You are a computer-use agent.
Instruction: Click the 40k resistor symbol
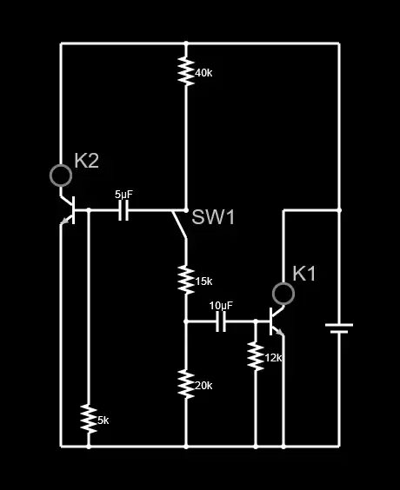[x=185, y=71]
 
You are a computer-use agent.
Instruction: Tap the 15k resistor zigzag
[x=185, y=280]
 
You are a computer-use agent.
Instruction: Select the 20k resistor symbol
[x=185, y=383]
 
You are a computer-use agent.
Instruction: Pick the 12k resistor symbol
[x=255, y=355]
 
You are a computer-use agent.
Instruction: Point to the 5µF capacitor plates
[x=123, y=210]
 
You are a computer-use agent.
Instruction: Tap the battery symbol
[x=338, y=328]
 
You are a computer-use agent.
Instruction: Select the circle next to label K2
[x=61, y=175]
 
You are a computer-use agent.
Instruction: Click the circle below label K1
[x=283, y=294]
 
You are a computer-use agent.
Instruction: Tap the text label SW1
[x=213, y=217]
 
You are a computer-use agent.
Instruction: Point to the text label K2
[x=87, y=161]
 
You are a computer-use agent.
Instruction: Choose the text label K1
[x=304, y=274]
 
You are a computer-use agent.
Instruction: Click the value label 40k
[x=203, y=73]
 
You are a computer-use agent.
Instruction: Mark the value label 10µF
[x=221, y=306]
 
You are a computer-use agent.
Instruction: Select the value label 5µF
[x=124, y=195]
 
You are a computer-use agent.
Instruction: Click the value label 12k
[x=274, y=358]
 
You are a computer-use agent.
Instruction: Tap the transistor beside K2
[x=70, y=210]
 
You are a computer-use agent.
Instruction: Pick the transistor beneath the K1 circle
[x=277, y=321]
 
